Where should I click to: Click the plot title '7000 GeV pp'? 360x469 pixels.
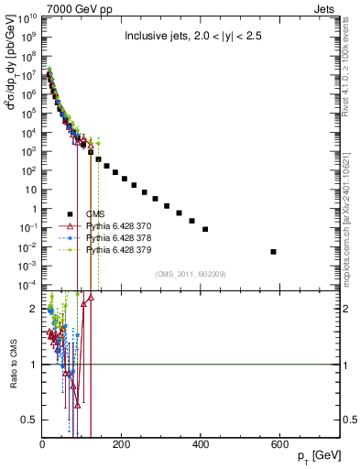[x=74, y=7]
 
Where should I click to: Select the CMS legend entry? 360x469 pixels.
[x=97, y=213]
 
